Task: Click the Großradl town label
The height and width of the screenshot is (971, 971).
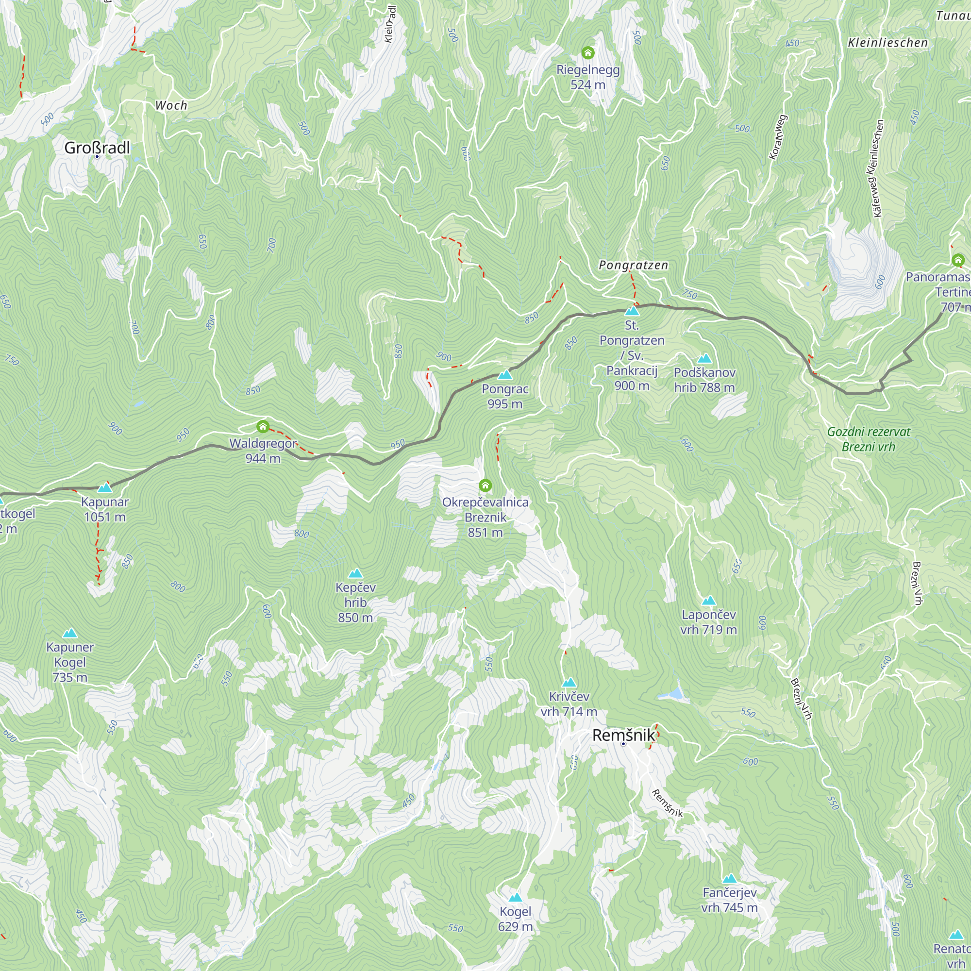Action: [97, 148]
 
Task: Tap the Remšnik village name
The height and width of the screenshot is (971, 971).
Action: [624, 735]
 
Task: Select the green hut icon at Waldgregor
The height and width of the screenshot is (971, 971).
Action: [263, 427]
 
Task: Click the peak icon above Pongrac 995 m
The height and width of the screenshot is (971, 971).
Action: [505, 375]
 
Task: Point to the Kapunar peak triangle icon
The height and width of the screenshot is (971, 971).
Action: [104, 487]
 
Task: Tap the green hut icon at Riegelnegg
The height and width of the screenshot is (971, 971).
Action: [588, 53]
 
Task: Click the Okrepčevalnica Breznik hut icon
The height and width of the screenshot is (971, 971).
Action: [485, 485]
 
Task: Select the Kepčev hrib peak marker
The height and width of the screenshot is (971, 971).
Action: [355, 573]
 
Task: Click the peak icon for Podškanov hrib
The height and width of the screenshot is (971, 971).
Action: [704, 358]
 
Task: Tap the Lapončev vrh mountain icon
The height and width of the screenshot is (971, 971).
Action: [709, 601]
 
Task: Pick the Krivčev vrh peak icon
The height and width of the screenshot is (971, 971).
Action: [569, 683]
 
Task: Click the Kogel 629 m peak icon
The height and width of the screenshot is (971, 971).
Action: [515, 898]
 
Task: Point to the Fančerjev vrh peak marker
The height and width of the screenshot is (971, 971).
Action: [730, 879]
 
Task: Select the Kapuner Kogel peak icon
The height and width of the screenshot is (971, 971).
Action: [70, 633]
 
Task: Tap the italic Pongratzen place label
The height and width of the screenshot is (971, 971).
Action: [633, 265]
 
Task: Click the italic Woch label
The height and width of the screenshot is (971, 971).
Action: [171, 105]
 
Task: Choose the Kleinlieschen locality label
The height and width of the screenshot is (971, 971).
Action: [887, 43]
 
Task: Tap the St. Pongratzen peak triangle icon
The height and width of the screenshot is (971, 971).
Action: [632, 311]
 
